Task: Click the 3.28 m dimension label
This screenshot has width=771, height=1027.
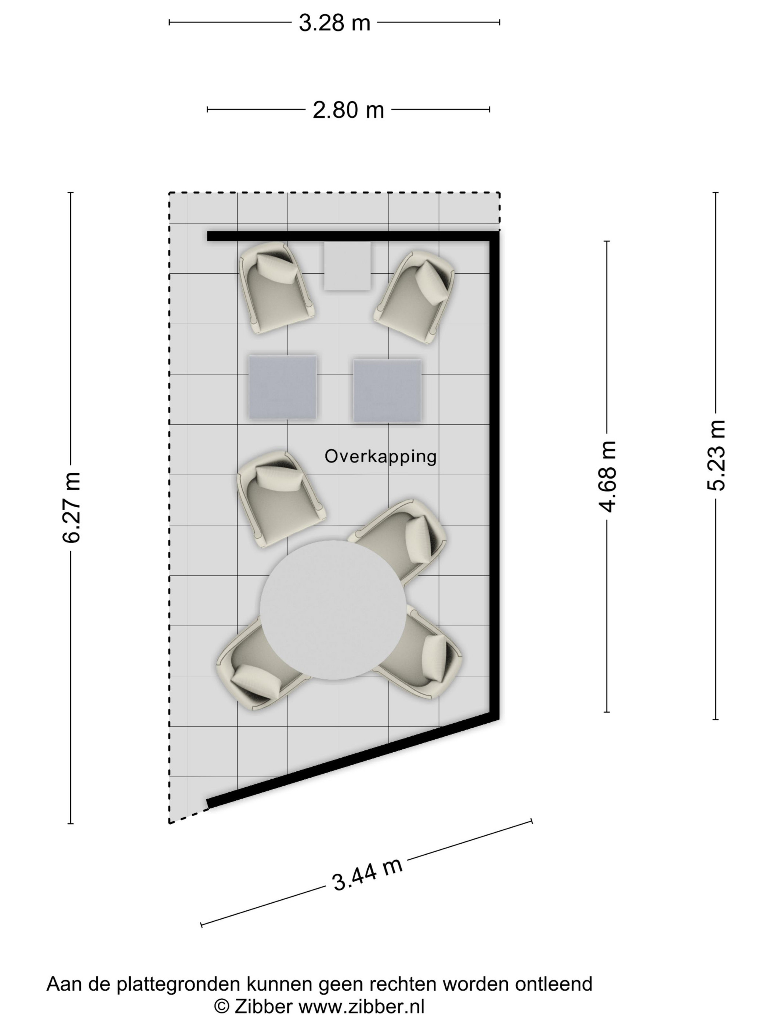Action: pos(334,23)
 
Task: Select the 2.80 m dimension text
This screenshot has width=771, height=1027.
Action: pos(348,110)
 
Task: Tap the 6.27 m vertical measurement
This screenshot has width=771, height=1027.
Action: pos(72,508)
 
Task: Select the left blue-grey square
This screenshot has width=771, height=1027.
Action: pos(283,388)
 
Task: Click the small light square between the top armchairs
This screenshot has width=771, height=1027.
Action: pos(347,266)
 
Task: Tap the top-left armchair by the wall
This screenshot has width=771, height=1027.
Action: pos(278,288)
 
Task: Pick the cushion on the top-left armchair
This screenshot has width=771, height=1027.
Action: pos(278,269)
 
